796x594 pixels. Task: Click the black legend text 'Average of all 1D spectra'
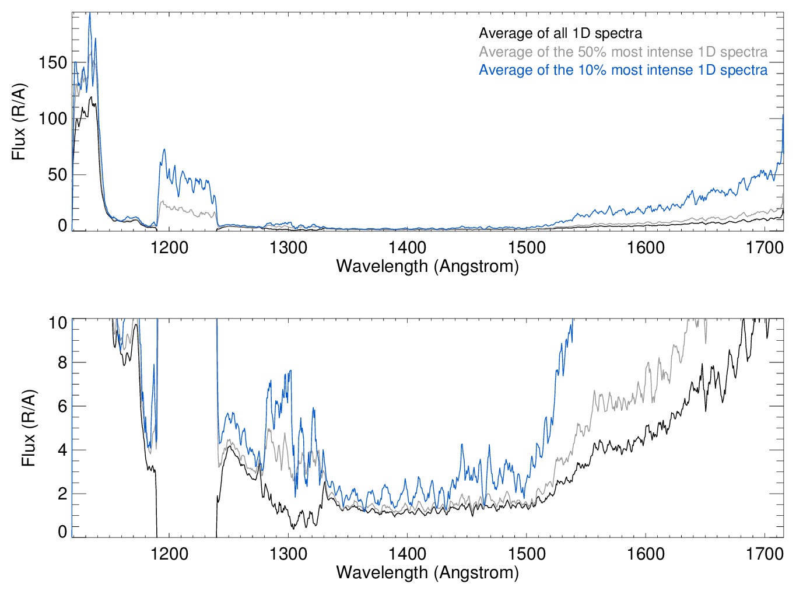pyautogui.click(x=560, y=33)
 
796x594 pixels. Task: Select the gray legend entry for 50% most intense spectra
pyautogui.click(x=623, y=52)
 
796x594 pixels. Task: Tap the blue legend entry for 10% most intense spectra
pyautogui.click(x=623, y=70)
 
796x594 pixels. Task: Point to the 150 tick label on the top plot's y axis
pyautogui.click(x=52, y=62)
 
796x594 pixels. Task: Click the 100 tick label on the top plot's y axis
pyautogui.click(x=52, y=118)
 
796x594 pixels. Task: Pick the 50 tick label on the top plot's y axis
pyautogui.click(x=57, y=174)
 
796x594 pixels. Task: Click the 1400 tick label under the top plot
pyautogui.click(x=407, y=247)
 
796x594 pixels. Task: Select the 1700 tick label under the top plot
pyautogui.click(x=765, y=247)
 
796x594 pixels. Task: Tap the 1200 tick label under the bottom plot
pyautogui.click(x=169, y=553)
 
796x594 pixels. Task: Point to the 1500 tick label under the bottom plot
pyautogui.click(x=526, y=553)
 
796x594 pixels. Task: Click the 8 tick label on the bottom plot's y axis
pyautogui.click(x=62, y=362)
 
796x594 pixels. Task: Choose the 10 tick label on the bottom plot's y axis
pyautogui.click(x=58, y=323)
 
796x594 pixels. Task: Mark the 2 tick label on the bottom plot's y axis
pyautogui.click(x=62, y=494)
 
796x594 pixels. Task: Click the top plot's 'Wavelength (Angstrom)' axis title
pyautogui.click(x=427, y=267)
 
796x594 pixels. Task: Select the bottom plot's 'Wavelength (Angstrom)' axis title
pyautogui.click(x=427, y=572)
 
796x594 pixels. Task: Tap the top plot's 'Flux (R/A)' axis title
pyautogui.click(x=19, y=122)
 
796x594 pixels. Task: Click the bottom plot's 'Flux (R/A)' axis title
pyautogui.click(x=29, y=428)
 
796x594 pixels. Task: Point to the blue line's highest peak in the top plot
pyautogui.click(x=89, y=14)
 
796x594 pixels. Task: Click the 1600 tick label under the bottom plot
pyautogui.click(x=646, y=553)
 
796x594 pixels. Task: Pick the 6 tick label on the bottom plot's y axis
pyautogui.click(x=62, y=406)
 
